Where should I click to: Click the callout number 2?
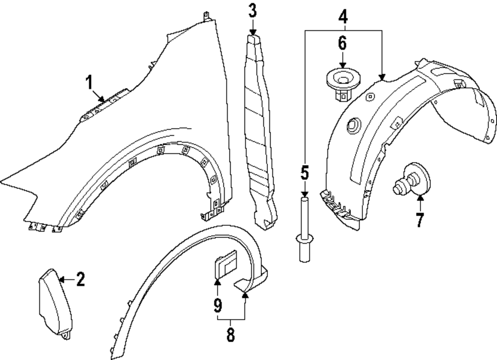coord(80,279)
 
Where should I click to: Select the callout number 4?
coord(343,18)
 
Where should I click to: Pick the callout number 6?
coord(342,44)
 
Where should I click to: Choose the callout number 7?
coord(420,219)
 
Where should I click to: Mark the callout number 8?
coord(231,334)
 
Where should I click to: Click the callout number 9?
coord(218,304)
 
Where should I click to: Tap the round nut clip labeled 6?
coord(342,83)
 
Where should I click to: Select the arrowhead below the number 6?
coord(342,64)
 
